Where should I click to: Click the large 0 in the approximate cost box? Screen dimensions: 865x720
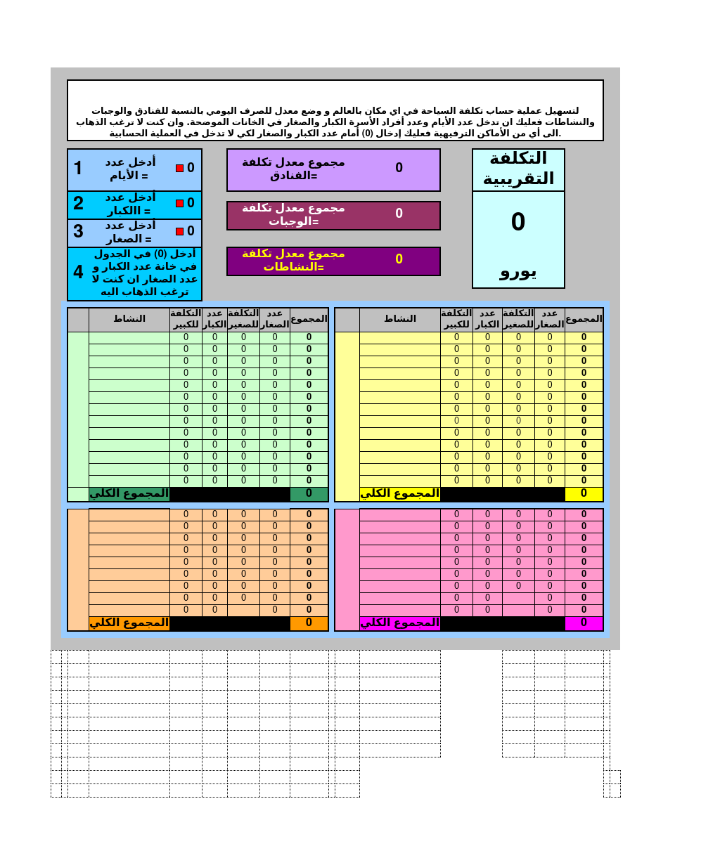518,222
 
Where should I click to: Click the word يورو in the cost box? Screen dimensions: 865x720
518,272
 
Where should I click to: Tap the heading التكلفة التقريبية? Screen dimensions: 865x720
518,169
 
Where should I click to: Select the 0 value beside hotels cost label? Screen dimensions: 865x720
399,168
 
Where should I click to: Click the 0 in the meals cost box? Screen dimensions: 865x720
399,214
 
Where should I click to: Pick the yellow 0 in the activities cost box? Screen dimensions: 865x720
399,259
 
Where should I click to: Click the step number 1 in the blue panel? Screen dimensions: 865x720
78,168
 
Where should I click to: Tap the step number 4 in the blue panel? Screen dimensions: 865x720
78,272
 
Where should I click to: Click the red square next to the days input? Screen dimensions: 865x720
179,168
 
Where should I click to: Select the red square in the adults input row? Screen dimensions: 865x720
179,203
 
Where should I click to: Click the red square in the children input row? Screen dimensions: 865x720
179,231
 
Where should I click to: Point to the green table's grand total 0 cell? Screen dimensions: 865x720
309,494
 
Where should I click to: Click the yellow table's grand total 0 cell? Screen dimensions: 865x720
584,494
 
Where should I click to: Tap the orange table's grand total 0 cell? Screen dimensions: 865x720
309,623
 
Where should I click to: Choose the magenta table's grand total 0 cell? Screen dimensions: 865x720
584,623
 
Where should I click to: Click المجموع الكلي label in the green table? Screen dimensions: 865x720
129,493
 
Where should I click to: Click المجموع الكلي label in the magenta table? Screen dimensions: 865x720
399,623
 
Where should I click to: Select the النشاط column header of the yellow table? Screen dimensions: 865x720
399,319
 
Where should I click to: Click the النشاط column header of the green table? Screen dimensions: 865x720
129,319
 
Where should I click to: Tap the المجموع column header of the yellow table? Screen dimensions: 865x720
584,319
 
